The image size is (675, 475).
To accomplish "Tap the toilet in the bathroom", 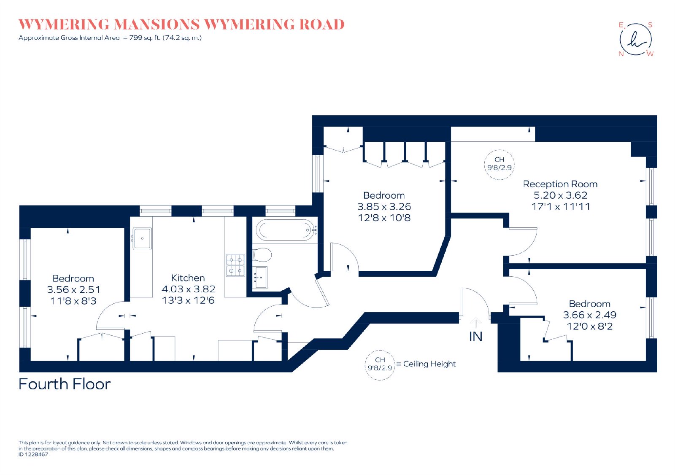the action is pyautogui.click(x=262, y=255).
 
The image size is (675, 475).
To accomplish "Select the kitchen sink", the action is pyautogui.click(x=142, y=238).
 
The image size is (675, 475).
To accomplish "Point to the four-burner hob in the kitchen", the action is pyautogui.click(x=235, y=265).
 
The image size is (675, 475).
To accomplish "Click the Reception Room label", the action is pyautogui.click(x=560, y=184).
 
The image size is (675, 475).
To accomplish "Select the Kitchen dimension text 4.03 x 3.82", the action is pyautogui.click(x=188, y=289).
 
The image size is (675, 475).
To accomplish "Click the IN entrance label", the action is pyautogui.click(x=475, y=337).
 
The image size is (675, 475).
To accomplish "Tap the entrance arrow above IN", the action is pyautogui.click(x=475, y=322).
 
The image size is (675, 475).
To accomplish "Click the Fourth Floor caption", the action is pyautogui.click(x=65, y=384).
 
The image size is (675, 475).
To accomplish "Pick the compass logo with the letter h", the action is pyautogui.click(x=635, y=40).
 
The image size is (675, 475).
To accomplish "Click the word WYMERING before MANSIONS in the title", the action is pyautogui.click(x=64, y=25).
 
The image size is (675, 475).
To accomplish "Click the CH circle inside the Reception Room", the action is pyautogui.click(x=499, y=165).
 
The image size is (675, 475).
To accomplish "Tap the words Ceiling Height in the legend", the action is pyautogui.click(x=429, y=364).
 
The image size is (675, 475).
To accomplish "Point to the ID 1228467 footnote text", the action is pyautogui.click(x=33, y=454).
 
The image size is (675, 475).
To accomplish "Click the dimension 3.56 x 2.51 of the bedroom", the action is pyautogui.click(x=73, y=290).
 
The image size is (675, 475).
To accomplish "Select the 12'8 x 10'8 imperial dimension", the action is pyautogui.click(x=384, y=218).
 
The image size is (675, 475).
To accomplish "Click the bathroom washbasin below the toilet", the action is pyautogui.click(x=261, y=277).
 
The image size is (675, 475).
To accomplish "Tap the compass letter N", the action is pyautogui.click(x=621, y=54).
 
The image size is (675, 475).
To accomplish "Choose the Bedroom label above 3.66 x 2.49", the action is pyautogui.click(x=590, y=304).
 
